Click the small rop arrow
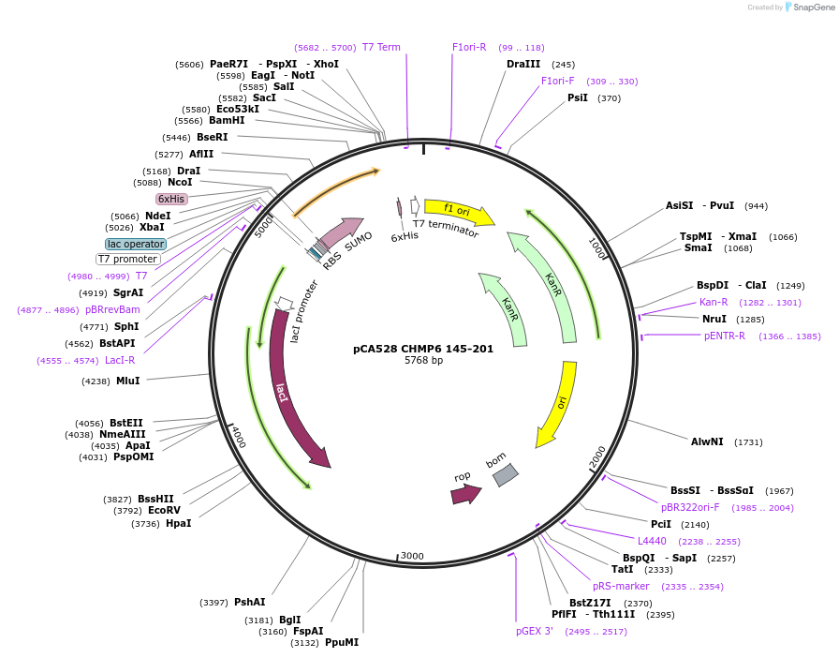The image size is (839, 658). coord(464,493)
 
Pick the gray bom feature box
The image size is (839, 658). coord(506,474)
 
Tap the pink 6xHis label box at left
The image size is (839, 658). coord(171,199)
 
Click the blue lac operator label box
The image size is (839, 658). coord(136,244)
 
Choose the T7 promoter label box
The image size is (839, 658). coord(128,259)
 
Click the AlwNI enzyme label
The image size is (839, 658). coord(707,441)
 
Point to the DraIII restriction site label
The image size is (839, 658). coord(523,64)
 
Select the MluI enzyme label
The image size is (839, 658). coord(128,381)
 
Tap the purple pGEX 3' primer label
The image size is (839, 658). coord(535,631)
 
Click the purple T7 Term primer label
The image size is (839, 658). coord(381,47)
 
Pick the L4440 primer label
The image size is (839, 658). coord(653,541)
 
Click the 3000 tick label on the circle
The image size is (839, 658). coord(412,556)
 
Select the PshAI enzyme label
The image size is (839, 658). coord(249,602)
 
